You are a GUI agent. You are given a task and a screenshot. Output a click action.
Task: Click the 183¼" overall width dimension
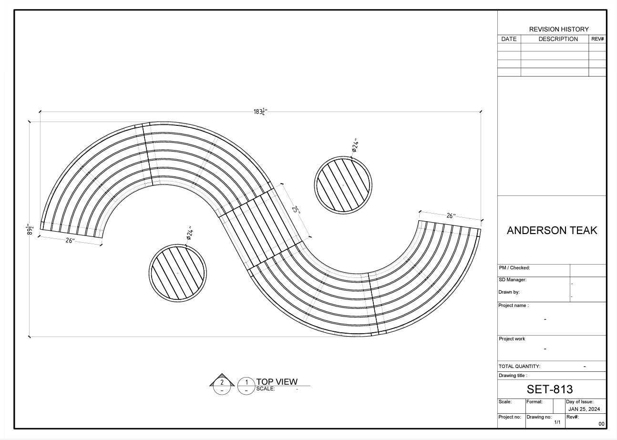pos(260,112)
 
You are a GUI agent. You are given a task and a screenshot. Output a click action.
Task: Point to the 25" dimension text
pos(296,210)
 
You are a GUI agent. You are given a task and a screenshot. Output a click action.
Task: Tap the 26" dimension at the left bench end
pos(70,241)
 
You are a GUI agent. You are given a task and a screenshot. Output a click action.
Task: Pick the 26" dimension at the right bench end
pos(451,216)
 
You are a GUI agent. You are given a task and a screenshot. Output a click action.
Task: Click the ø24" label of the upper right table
pos(355,145)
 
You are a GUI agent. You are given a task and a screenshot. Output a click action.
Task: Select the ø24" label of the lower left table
pos(189,233)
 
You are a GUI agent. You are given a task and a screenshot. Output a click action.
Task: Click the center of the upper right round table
pos(343,184)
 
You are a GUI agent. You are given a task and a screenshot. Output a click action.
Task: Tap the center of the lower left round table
pos(177,272)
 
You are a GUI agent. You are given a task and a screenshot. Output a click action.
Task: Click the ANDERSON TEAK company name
pos(552,231)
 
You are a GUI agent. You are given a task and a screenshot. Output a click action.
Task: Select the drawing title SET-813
pos(549,389)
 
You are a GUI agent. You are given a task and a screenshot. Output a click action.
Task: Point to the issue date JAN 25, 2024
pos(584,409)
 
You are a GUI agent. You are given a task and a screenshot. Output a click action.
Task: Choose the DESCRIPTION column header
pos(558,39)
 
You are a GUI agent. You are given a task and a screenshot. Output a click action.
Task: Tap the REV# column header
pos(597,39)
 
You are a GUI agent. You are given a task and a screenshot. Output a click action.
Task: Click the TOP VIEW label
pos(277,381)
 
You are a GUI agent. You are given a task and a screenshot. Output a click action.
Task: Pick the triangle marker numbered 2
pos(222,382)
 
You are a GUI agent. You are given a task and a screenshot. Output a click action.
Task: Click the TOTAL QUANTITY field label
pos(519,367)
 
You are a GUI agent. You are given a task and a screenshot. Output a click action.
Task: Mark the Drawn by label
pos(509,292)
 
